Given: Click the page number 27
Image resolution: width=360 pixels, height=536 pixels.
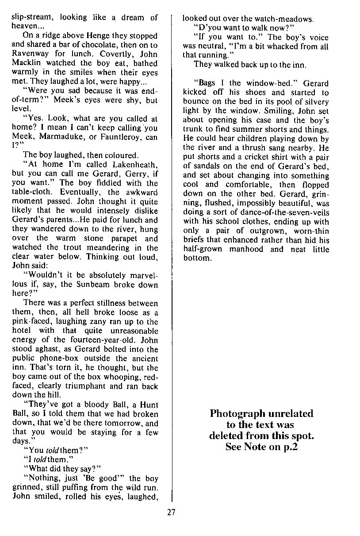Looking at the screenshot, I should (172, 513).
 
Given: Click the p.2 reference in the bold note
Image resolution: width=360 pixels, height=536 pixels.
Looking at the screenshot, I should (288, 447).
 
